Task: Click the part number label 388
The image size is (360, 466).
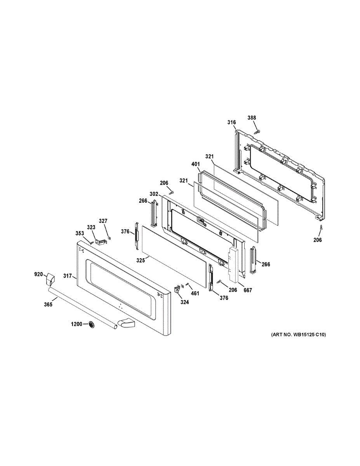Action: [x=252, y=118]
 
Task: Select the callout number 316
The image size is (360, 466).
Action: [x=231, y=123]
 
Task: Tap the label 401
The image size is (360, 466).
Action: [x=196, y=164]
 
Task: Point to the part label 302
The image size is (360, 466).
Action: [x=154, y=193]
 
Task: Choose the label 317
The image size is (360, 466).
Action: [x=68, y=276]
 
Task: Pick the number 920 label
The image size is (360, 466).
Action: [x=38, y=275]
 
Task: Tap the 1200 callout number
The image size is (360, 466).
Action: [x=77, y=324]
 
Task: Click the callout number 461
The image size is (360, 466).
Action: [x=195, y=293]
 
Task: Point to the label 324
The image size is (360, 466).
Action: [x=184, y=302]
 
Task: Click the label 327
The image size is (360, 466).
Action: [x=103, y=221]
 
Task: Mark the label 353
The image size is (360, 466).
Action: [x=80, y=233]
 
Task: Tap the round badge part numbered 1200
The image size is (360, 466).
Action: [x=92, y=325]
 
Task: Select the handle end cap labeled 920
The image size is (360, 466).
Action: [x=50, y=278]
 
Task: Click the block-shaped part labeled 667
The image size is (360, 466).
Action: [x=234, y=264]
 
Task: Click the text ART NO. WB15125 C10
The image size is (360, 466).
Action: [x=296, y=335]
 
